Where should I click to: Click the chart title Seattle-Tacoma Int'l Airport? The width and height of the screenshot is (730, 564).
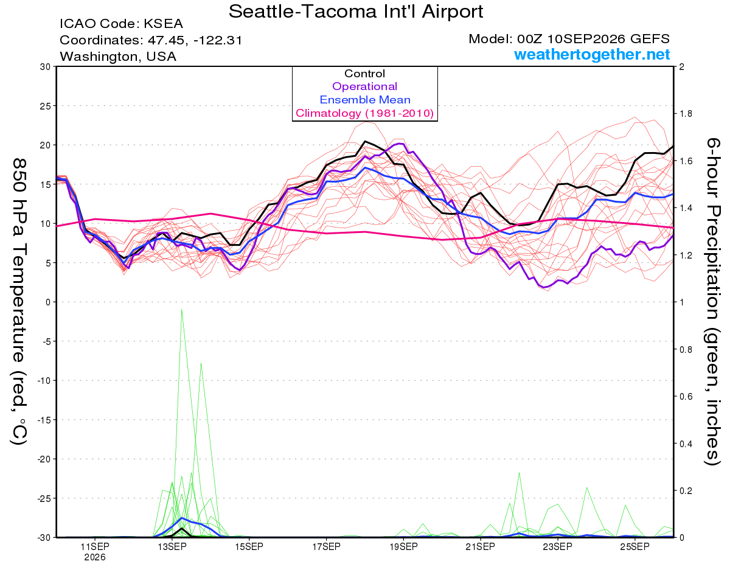coord(356,12)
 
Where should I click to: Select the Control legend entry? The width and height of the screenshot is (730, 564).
coord(364,74)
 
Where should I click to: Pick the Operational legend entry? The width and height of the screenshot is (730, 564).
coord(364,86)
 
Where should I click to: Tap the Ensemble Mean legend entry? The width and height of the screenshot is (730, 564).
coord(365,100)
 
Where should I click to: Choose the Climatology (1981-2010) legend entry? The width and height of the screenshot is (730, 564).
coord(365,113)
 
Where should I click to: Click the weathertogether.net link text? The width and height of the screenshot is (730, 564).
coord(591,55)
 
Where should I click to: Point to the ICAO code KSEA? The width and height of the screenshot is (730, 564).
coord(163,24)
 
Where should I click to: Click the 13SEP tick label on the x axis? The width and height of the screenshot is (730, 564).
coord(172,547)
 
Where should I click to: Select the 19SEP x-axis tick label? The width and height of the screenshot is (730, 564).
coord(403,547)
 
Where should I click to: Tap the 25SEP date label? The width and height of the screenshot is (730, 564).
coord(635,547)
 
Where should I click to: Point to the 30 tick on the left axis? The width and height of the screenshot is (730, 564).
coord(46,67)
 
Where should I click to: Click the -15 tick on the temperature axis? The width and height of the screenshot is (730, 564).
coord(43,420)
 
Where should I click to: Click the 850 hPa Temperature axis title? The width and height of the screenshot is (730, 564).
coord(19,302)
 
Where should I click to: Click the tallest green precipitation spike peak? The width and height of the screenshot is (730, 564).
coord(182,309)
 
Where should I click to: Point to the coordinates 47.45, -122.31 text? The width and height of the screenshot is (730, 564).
coord(195,41)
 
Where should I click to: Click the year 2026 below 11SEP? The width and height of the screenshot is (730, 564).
coord(95,558)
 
